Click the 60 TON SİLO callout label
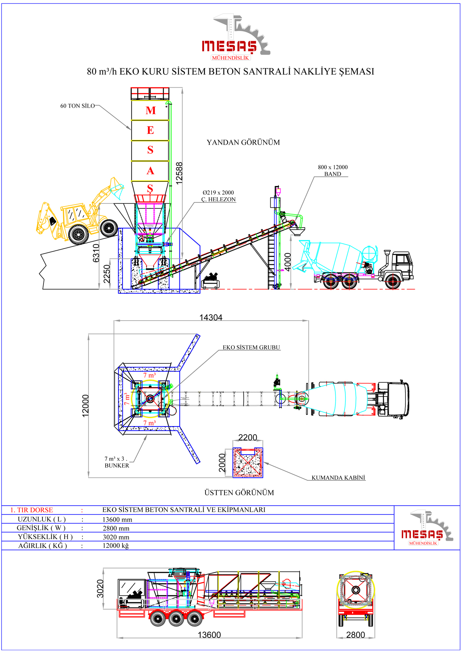tap(77, 106)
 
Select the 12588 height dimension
tap(179, 173)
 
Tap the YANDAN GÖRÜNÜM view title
tap(243, 142)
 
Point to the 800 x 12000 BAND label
tap(333, 170)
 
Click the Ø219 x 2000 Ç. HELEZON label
tap(218, 196)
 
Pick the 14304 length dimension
tap(211, 317)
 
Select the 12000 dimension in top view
tap(85, 405)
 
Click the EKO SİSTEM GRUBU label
tap(251, 347)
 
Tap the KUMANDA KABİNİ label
tap(338, 478)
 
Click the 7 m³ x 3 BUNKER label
tap(117, 462)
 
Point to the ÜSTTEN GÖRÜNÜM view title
tap(239, 493)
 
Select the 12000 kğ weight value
tap(115, 546)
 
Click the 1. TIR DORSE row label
tap(32, 510)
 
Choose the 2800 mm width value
tap(116, 528)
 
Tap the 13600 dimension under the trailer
tap(209, 635)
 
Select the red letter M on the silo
tap(151, 111)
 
